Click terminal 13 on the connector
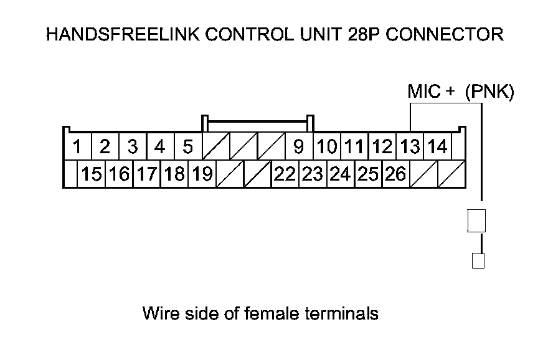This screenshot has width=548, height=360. tap(410, 148)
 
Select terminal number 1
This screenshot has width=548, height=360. tap(78, 148)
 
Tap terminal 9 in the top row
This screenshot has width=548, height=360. tap(298, 148)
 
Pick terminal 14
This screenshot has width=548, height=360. tap(437, 148)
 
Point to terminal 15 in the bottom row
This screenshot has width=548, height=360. tap(91, 174)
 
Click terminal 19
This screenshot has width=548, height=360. tap(201, 174)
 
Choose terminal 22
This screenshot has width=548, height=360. tap(285, 174)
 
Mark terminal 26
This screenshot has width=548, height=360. tap(395, 174)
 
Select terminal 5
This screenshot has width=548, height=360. tap(187, 148)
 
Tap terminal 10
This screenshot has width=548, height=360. tap(326, 148)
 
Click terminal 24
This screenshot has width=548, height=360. tap(340, 174)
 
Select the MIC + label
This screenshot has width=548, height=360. tap(431, 92)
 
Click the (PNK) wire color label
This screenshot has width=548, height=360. tap(489, 92)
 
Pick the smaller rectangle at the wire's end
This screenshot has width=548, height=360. tap(478, 260)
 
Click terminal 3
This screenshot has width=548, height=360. tap(133, 148)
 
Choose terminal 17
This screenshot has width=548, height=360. tap(146, 174)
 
